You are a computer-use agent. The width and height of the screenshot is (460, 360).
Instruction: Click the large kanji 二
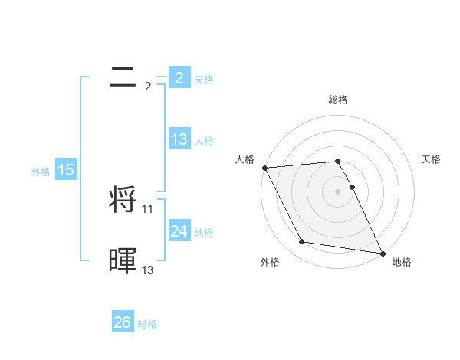point(123,77)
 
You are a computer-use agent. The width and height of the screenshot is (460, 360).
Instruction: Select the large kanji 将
point(123,201)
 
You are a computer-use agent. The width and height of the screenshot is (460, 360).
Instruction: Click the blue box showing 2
point(179,78)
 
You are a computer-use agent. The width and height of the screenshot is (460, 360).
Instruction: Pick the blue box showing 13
point(179,139)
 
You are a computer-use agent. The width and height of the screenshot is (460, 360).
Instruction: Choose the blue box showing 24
point(179,231)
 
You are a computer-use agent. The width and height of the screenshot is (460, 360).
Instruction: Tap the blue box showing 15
point(66,170)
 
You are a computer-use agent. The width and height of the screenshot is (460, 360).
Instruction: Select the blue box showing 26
point(122,322)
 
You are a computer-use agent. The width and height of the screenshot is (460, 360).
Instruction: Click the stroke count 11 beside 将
point(148,208)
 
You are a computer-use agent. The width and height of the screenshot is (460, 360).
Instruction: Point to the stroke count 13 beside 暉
point(148,270)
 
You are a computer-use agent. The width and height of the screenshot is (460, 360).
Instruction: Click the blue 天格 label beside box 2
point(204,80)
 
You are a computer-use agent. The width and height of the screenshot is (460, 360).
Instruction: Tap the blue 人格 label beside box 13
point(204,141)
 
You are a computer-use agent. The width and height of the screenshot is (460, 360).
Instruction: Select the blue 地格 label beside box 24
point(204,233)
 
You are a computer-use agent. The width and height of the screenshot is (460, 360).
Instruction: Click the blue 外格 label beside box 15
point(41,172)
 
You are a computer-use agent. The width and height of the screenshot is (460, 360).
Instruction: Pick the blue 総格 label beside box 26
point(147,324)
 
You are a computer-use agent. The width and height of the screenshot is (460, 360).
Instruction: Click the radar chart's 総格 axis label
point(338,100)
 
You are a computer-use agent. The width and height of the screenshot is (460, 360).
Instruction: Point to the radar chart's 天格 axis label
point(432,159)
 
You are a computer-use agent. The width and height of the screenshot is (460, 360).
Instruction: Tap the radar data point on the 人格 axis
point(264,168)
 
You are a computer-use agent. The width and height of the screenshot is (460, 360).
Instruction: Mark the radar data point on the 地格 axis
point(382,253)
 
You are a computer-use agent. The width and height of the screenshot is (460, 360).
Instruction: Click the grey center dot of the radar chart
point(338,191)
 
